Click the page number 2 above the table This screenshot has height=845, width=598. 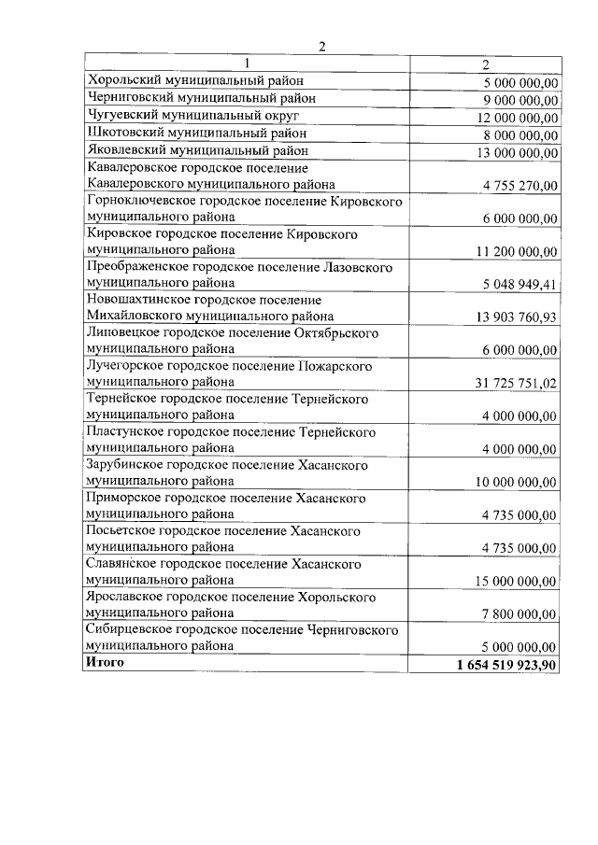[x=321, y=48]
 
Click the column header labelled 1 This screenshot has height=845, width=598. [x=247, y=64]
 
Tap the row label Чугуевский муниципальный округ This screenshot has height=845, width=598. [x=192, y=116]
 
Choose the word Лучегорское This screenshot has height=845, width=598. [x=123, y=366]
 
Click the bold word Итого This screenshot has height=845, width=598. [x=104, y=662]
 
